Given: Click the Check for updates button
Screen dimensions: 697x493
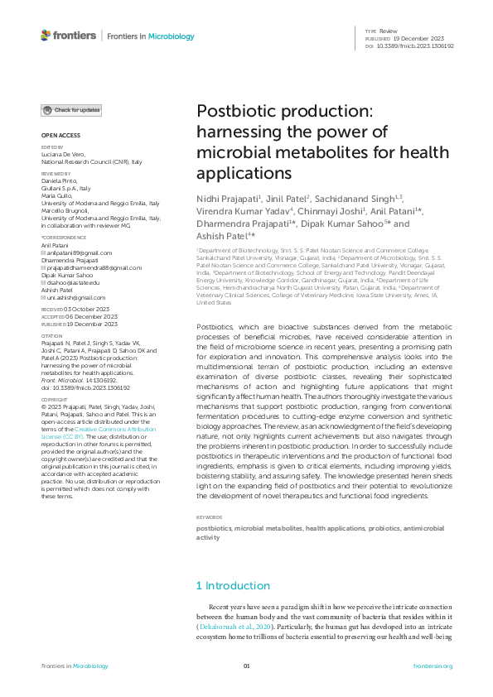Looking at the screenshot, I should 72,110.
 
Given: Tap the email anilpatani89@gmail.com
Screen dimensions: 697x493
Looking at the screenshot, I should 78,252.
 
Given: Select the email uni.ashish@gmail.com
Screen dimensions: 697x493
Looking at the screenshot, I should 75,297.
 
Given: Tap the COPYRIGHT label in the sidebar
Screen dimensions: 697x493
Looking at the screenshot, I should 55,399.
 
